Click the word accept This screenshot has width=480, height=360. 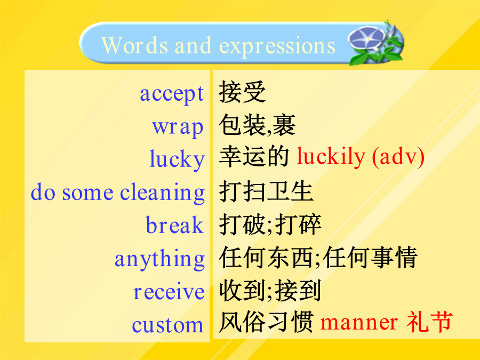[172, 94]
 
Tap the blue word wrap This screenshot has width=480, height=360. [178, 127]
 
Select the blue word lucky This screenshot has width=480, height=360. [177, 159]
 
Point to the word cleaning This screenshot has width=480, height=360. [162, 193]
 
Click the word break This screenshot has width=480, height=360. [174, 225]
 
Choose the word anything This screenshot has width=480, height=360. [159, 259]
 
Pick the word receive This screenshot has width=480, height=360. [169, 291]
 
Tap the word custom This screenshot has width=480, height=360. [168, 325]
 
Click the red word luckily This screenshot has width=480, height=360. [331, 157]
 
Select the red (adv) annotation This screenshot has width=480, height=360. [398, 157]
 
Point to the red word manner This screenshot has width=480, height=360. [359, 323]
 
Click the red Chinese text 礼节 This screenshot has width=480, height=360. [429, 322]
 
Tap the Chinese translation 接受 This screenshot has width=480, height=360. [242, 92]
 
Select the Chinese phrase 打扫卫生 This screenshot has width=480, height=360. [266, 191]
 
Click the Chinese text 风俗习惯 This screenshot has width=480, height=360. [266, 322]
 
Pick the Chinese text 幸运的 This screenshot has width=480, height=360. [254, 157]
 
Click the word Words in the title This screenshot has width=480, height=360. [134, 46]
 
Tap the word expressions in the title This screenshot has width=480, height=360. [277, 46]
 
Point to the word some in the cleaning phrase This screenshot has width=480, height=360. [87, 194]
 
